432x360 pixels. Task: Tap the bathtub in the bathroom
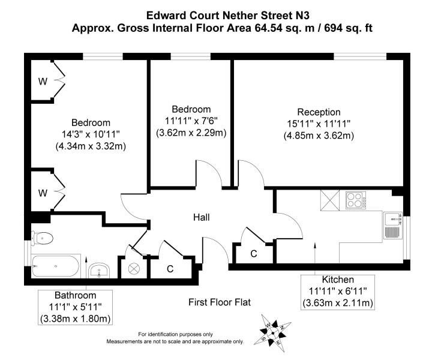click(x=56, y=265)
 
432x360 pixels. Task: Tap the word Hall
click(x=201, y=217)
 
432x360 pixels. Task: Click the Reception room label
click(x=319, y=112)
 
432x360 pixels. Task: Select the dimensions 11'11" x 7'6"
click(x=191, y=121)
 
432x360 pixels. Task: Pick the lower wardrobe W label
click(x=43, y=193)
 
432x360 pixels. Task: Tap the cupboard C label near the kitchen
click(x=253, y=254)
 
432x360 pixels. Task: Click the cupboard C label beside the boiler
click(x=170, y=268)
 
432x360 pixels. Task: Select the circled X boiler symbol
click(x=133, y=269)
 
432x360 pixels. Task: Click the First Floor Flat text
click(x=219, y=302)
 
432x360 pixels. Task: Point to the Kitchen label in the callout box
click(x=338, y=280)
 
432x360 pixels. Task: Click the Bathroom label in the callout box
click(x=75, y=295)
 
